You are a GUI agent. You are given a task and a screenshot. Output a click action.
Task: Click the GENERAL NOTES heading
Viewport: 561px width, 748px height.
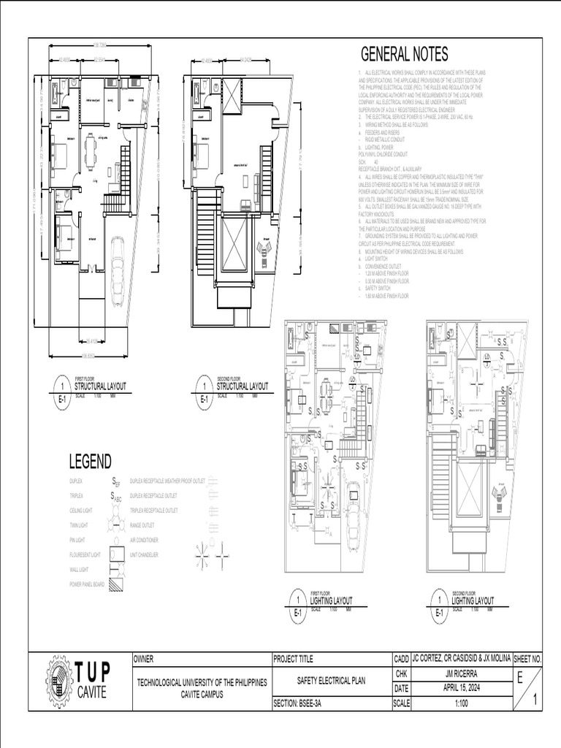404,55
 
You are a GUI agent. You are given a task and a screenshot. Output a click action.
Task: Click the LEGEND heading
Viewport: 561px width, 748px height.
90,462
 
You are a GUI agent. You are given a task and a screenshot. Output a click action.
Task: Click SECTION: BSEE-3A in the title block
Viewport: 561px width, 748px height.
301,704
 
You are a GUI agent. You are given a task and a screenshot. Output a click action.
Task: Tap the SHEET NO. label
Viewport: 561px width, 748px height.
527,659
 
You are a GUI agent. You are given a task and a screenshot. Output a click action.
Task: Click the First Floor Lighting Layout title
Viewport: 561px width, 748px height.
331,600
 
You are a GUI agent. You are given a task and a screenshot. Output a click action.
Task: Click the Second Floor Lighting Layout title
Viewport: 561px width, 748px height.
473,600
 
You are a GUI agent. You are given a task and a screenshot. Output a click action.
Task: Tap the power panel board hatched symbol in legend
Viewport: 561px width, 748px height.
116,584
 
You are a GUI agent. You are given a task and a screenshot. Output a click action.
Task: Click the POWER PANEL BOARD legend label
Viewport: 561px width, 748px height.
86,584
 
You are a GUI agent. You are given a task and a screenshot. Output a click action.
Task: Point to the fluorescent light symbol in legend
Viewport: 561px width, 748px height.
116,556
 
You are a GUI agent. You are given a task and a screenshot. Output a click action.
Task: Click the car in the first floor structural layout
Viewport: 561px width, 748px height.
117,270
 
